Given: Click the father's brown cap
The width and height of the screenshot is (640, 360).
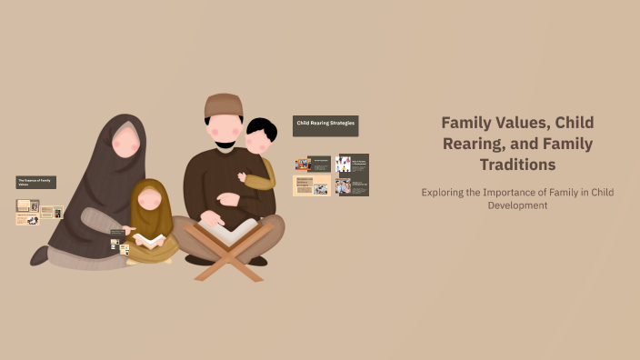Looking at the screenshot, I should [223, 105].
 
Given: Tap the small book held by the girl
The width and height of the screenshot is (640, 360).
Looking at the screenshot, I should [149, 240].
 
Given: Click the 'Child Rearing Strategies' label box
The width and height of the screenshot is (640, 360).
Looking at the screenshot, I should [325, 123].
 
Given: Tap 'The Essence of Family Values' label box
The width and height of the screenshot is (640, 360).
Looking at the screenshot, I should [36, 182].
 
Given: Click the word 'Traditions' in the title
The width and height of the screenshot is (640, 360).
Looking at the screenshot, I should [517, 165].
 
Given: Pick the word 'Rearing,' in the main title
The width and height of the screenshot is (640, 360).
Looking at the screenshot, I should [475, 144].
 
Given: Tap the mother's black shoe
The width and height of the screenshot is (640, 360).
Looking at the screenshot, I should [39, 256].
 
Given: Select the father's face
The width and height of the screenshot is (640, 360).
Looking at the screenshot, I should [224, 132].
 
